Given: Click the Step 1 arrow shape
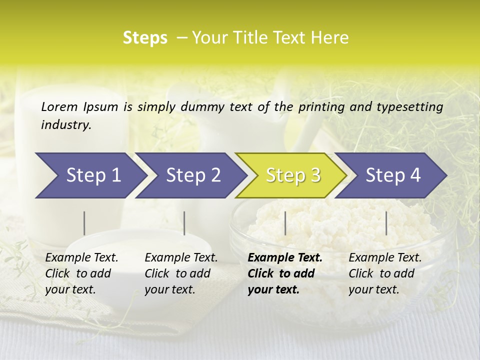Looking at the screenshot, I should pyautogui.click(x=90, y=175).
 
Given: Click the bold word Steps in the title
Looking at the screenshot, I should pyautogui.click(x=145, y=37).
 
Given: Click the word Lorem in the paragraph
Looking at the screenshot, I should pyautogui.click(x=59, y=106).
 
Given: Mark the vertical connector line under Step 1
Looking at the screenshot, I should pyautogui.click(x=84, y=223).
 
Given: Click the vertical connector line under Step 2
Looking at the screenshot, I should pyautogui.click(x=184, y=223).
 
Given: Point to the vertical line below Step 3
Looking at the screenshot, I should pyautogui.click(x=285, y=223).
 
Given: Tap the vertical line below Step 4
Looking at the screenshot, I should pyautogui.click(x=386, y=223).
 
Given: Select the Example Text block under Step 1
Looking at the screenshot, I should pyautogui.click(x=81, y=273).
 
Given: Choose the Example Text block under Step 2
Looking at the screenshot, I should pyautogui.click(x=181, y=273).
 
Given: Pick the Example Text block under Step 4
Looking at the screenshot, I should pyautogui.click(x=385, y=273).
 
